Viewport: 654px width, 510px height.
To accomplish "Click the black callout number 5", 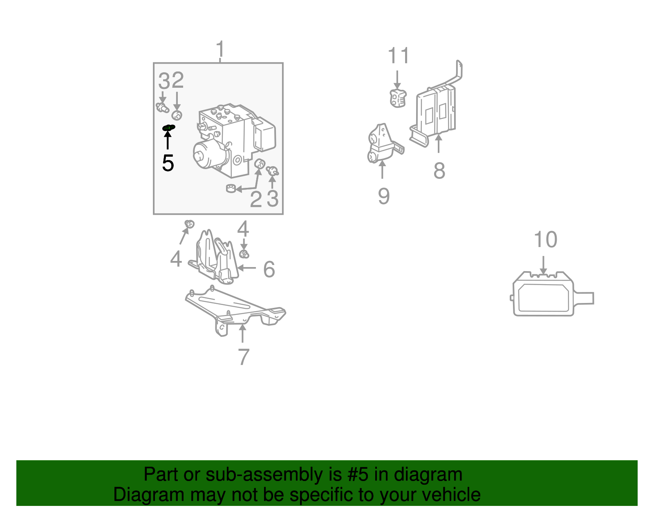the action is pos(168,163).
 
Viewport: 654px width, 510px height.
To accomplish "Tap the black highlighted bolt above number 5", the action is pos(168,128).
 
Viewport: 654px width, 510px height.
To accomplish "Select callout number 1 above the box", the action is pos(220,49).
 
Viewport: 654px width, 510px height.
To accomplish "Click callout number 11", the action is pos(398,55).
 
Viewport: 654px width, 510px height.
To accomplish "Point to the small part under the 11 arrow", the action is pos(398,98).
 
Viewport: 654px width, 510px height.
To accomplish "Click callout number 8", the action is pos(439,170).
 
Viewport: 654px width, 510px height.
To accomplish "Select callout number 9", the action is pos(384,196).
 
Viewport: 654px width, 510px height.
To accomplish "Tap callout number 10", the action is pos(545,240).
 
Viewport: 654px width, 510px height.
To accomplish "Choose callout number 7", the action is pos(244,357).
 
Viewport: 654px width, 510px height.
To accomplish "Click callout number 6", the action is pos(269,269).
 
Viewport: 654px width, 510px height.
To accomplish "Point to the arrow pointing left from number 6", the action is pos(246,267).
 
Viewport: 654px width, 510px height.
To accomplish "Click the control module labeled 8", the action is pos(437,108).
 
